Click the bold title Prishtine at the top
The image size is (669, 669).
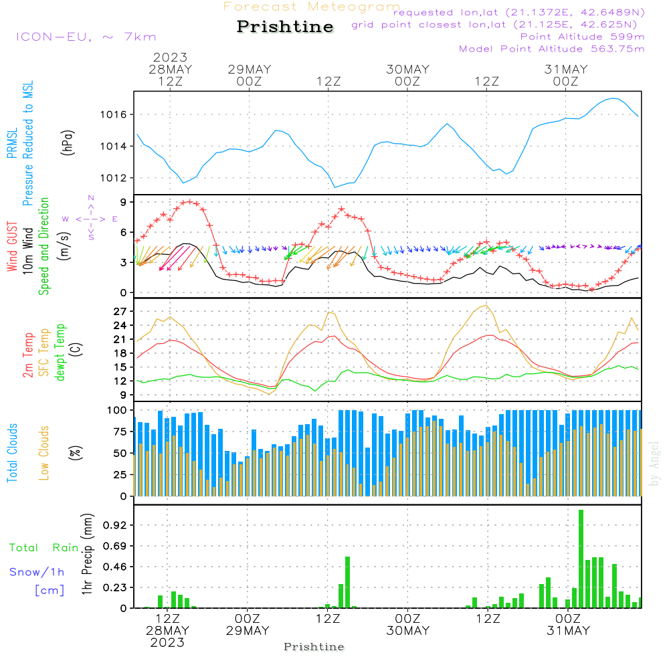tap(285, 27)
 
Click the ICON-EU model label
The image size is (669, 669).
tap(86, 37)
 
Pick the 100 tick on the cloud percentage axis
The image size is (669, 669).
tap(118, 410)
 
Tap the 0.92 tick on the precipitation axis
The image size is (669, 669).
tap(115, 525)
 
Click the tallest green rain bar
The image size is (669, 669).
tap(581, 559)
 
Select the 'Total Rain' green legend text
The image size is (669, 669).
tap(44, 548)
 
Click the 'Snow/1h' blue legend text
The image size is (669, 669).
tap(37, 572)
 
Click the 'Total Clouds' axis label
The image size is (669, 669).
tap(13, 453)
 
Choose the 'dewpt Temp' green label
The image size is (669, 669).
tap(60, 353)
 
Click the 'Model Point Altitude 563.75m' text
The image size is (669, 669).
tap(552, 49)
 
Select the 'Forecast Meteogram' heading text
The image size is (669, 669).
tap(312, 7)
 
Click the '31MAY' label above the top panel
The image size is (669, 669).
tap(566, 70)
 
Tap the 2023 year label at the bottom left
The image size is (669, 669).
tap(167, 643)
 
